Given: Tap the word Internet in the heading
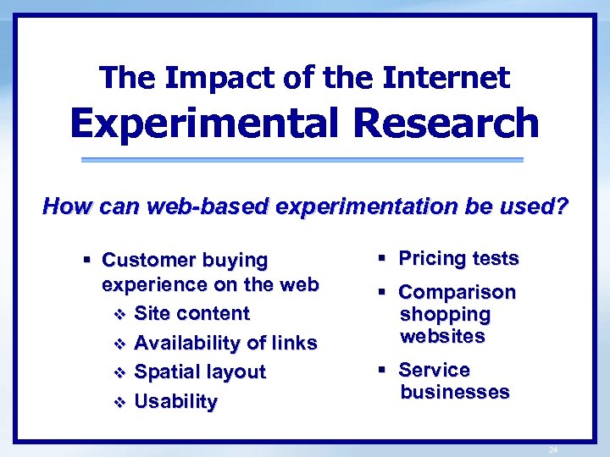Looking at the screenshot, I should pyautogui.click(x=446, y=78).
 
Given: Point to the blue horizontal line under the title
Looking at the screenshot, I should pyautogui.click(x=302, y=159).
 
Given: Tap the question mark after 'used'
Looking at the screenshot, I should pyautogui.click(x=561, y=206).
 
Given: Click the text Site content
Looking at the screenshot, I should pyautogui.click(x=192, y=313).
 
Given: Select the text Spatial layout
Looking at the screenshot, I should pyautogui.click(x=200, y=372).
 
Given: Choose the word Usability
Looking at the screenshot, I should pyautogui.click(x=176, y=401).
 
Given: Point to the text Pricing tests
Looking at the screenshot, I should pyautogui.click(x=458, y=258).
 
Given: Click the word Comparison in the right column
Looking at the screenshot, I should pyautogui.click(x=457, y=292).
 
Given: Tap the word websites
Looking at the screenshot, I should pyautogui.click(x=442, y=336).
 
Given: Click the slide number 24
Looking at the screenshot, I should pyautogui.click(x=552, y=449).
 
